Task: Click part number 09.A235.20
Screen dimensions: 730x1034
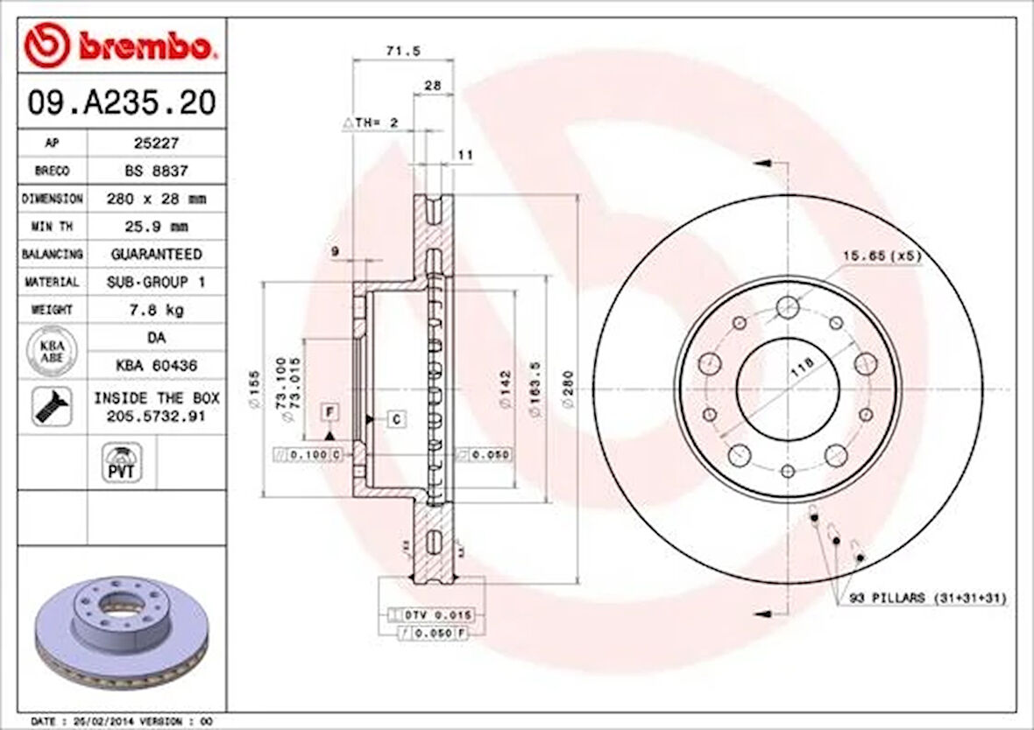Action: coord(121,103)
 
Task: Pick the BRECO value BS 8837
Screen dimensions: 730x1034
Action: coord(156,170)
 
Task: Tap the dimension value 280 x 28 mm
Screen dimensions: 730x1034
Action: coord(156,198)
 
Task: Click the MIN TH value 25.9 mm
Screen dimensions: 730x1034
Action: coord(156,226)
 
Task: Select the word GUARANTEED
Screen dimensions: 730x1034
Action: coord(156,254)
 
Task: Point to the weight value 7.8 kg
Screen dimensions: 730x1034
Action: coord(156,310)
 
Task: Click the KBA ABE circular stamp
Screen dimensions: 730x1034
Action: coord(52,351)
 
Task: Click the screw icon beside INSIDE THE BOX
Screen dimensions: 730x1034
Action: coord(52,407)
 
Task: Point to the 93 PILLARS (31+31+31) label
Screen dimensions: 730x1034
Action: coord(928,599)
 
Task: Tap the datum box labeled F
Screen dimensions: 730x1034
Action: coord(329,411)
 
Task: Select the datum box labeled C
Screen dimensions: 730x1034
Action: coord(396,419)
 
